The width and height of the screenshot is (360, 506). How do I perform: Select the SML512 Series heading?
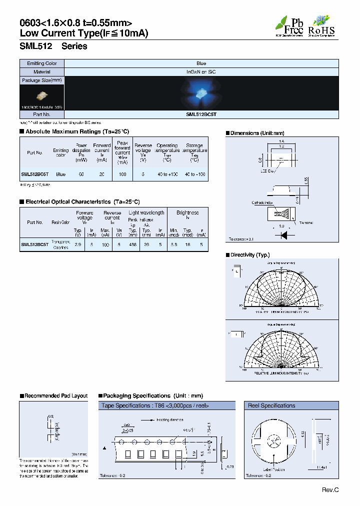click(x=53, y=46)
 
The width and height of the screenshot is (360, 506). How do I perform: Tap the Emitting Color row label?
click(x=42, y=63)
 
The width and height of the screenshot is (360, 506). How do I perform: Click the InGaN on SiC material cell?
click(x=201, y=72)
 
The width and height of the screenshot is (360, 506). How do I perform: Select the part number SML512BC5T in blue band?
click(x=201, y=114)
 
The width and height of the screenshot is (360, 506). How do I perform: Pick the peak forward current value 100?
click(x=122, y=174)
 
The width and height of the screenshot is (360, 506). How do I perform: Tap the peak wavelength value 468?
click(x=132, y=244)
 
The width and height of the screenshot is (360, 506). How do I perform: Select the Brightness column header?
click(x=187, y=212)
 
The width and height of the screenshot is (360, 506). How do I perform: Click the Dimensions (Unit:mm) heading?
click(x=257, y=133)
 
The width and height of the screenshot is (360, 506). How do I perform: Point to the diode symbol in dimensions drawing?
click(x=284, y=233)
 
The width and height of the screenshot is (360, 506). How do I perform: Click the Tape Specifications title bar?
click(x=155, y=405)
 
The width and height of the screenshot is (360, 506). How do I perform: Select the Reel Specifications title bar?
click(x=271, y=405)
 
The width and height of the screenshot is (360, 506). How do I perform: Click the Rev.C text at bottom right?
click(x=330, y=490)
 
